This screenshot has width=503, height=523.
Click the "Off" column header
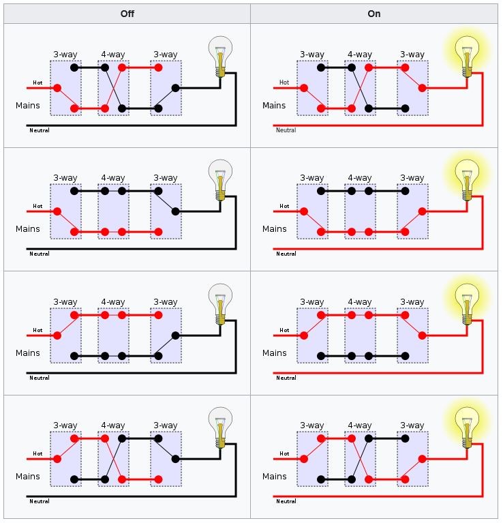[127, 14]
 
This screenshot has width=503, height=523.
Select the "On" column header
[374, 14]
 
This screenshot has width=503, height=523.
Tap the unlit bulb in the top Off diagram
[220, 57]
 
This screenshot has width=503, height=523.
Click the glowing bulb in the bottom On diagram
[467, 428]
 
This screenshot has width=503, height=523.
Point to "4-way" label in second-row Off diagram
[113, 178]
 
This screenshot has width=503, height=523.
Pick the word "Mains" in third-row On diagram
[275, 353]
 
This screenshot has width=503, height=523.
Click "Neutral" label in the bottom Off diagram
[40, 501]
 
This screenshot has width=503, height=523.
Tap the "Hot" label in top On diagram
[284, 83]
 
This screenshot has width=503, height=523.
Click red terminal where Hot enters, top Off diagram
[57, 88]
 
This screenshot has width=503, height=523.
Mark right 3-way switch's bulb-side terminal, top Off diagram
[176, 88]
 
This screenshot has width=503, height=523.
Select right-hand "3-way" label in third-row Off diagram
[166, 302]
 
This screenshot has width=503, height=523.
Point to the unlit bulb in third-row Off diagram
[220, 304]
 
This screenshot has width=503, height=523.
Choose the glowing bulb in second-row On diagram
[467, 180]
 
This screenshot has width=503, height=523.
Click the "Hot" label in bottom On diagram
[284, 453]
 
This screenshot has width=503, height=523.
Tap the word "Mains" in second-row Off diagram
[28, 229]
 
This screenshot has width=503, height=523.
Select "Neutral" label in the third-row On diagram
[286, 378]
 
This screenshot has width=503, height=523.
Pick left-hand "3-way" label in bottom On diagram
[312, 425]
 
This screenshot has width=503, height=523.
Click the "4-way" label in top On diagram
[360, 55]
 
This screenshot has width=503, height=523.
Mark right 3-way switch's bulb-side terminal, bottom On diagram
[423, 459]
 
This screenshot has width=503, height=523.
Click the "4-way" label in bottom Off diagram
[113, 425]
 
